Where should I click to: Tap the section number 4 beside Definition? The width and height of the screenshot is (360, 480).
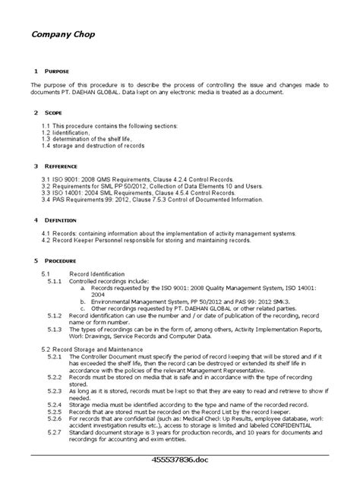coord(35,219)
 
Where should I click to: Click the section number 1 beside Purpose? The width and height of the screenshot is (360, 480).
coord(35,70)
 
